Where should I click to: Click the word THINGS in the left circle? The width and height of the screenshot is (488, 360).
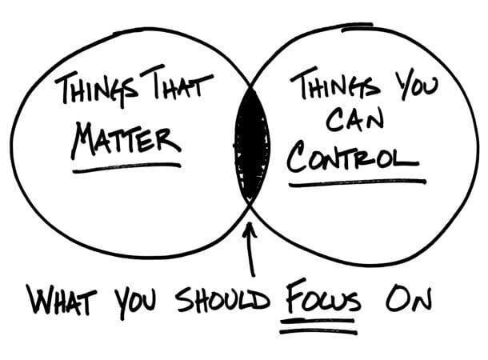coord(96,90)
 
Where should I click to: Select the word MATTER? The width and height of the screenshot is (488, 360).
coord(126,141)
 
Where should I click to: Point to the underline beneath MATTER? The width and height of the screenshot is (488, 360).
coord(126,167)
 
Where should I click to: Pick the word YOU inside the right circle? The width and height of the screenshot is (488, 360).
coord(416,84)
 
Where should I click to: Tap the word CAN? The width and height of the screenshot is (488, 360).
coord(354,119)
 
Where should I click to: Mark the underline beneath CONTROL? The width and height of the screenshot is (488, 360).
coord(358,183)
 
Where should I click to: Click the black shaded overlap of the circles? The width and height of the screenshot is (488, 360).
coord(252,146)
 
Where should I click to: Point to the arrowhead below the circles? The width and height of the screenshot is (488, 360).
coord(250,230)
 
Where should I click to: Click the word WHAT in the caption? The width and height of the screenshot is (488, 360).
coord(62,299)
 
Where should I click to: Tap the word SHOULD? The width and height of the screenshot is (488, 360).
coord(222,300)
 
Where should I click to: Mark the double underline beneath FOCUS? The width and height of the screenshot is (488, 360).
coord(318,326)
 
